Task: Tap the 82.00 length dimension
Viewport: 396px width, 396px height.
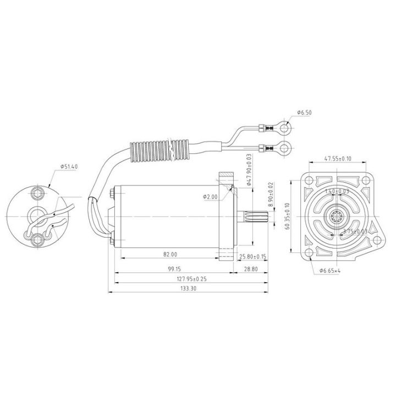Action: pyautogui.click(x=170, y=254)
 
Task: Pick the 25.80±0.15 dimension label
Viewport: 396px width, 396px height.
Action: pyautogui.click(x=253, y=256)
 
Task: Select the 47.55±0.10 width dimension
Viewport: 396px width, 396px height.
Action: pyautogui.click(x=337, y=158)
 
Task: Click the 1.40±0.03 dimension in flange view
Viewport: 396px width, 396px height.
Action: pyautogui.click(x=337, y=190)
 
